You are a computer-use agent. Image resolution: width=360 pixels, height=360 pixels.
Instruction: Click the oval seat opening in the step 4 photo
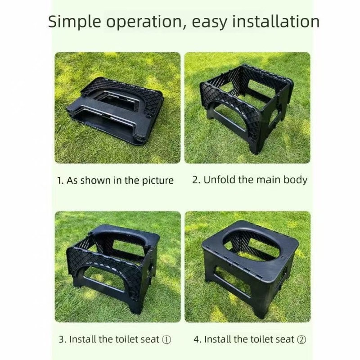tap(250, 246)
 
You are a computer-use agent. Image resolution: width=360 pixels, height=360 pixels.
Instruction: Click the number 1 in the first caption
tap(60, 181)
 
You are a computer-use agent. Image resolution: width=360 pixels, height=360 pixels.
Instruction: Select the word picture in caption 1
tap(157, 181)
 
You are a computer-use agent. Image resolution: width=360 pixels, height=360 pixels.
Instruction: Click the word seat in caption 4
tap(285, 339)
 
